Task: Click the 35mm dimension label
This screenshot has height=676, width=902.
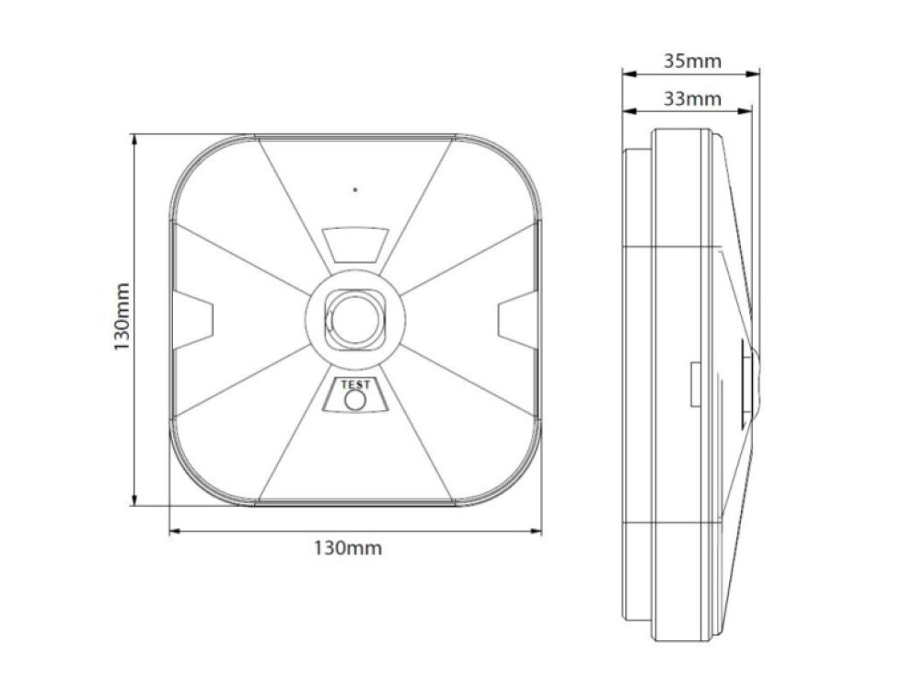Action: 691,62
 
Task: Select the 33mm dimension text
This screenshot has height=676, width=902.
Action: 691,98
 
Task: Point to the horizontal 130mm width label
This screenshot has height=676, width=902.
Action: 348,548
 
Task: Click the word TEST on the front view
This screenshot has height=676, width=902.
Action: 354,385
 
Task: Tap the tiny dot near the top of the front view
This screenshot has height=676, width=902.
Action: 354,190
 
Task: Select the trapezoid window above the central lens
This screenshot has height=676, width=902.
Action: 354,246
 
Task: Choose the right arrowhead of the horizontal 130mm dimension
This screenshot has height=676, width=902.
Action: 535,530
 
